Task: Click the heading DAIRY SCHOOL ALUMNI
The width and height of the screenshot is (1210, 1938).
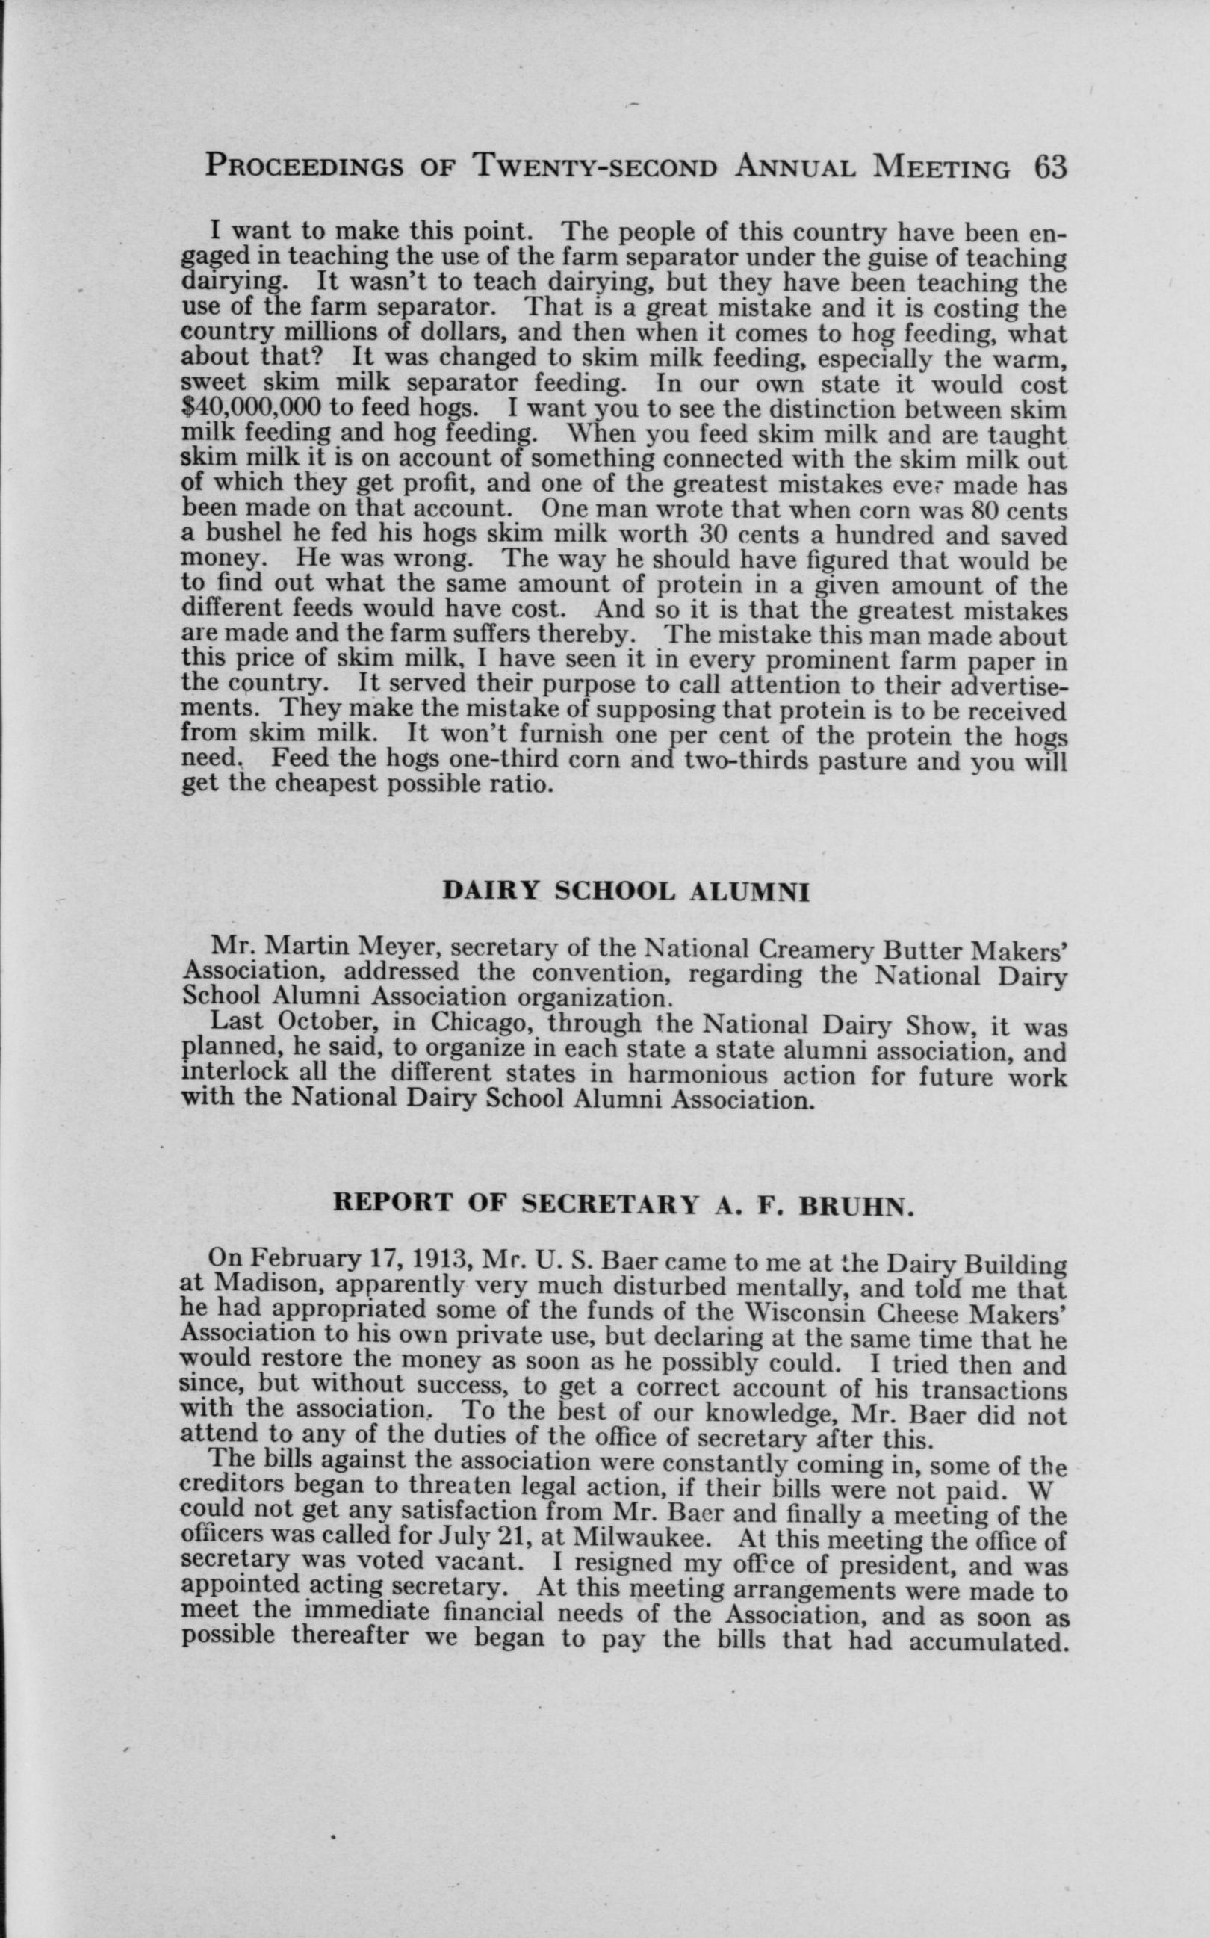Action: (x=626, y=891)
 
